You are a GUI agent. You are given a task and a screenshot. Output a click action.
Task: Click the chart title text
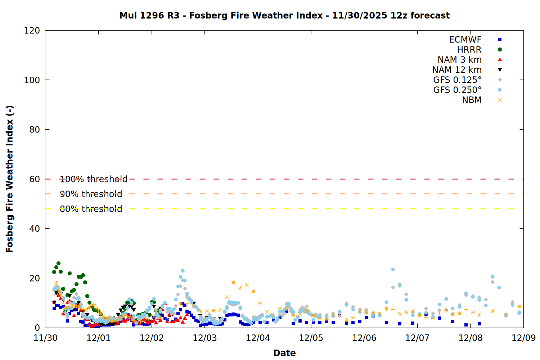point(284,15)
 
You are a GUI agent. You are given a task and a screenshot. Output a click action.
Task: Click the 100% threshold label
point(94,179)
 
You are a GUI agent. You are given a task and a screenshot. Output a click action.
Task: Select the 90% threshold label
point(91,194)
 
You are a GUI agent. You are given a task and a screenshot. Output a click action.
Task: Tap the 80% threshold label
point(91,209)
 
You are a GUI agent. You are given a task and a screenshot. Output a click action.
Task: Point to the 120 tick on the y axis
point(32,31)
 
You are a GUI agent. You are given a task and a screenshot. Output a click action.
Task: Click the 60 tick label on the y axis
point(35,179)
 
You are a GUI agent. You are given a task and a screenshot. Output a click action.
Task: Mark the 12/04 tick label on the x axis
point(258,338)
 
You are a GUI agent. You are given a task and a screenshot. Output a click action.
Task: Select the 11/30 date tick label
point(45,338)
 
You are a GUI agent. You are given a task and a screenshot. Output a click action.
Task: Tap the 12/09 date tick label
point(523,338)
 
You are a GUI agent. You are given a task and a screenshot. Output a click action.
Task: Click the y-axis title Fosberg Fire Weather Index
point(10,179)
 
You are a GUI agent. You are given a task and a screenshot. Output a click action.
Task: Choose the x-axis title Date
point(284,353)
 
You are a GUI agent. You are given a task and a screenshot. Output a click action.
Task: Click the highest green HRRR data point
point(58,264)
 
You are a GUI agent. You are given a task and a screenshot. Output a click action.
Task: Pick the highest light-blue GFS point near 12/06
point(393,269)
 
